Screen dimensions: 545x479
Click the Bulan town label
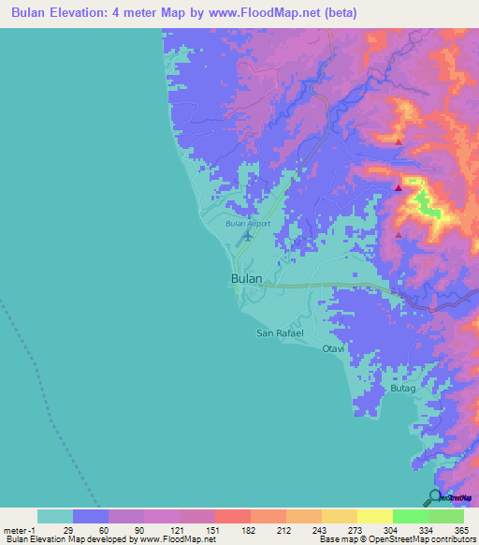point(246,279)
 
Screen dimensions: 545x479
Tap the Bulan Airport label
point(248,224)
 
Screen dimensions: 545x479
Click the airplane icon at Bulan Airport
point(247,235)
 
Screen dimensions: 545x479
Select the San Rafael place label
point(278,333)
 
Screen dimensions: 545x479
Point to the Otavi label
point(334,348)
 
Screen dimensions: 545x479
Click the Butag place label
point(402,387)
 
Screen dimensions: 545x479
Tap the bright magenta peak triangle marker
point(399,188)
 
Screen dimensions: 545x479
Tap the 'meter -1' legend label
point(18,529)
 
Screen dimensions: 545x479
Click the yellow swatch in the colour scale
point(374,516)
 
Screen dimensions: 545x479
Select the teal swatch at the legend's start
point(54,516)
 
